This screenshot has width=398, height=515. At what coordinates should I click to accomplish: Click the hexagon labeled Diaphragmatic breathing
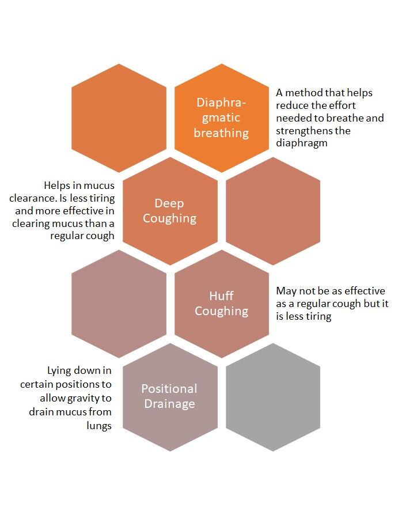tap(222, 118)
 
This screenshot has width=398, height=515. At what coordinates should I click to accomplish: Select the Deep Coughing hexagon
tap(170, 211)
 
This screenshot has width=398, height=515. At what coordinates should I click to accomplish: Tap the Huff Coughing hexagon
tap(222, 304)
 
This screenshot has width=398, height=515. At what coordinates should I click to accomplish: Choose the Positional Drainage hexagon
tap(170, 396)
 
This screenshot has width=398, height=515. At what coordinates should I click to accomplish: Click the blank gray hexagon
tap(273, 397)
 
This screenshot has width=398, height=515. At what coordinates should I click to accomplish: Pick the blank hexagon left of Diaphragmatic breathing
tap(119, 118)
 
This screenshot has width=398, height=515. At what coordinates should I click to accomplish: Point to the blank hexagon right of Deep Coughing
tap(273, 211)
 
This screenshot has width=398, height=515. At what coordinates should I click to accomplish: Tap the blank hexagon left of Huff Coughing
tap(119, 304)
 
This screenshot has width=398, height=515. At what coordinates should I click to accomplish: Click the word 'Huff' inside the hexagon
tap(222, 296)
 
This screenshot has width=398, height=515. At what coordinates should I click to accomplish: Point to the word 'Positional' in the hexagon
tap(169, 389)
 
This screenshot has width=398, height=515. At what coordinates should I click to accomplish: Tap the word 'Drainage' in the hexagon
tap(169, 404)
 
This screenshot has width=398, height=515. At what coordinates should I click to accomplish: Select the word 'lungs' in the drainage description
tap(99, 426)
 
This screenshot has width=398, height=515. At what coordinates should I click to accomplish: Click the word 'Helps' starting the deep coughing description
tap(57, 185)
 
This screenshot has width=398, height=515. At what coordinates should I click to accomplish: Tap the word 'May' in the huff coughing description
tap(286, 291)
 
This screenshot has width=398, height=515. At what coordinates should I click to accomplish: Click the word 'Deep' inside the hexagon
tap(169, 203)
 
